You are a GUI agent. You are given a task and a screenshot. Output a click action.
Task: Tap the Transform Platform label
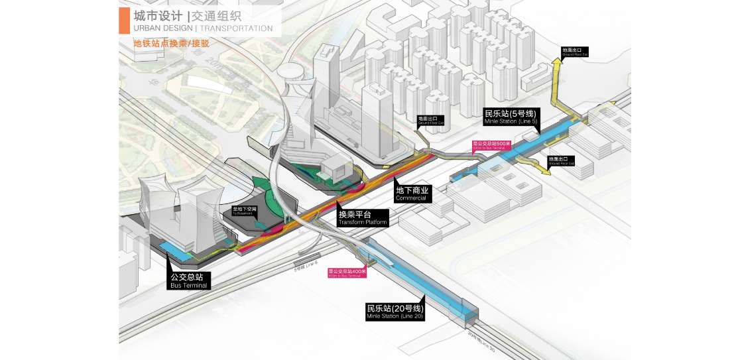(x=363, y=218)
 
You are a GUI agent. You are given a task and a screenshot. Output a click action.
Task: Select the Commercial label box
(x=412, y=194)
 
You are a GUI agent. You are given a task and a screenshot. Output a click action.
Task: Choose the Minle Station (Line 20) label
(x=396, y=312)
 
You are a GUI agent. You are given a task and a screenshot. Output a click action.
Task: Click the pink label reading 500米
(x=491, y=145)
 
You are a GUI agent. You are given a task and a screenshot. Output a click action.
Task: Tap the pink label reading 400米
(x=347, y=272)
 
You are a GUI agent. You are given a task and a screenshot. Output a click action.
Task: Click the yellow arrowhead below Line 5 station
(x=545, y=172)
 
